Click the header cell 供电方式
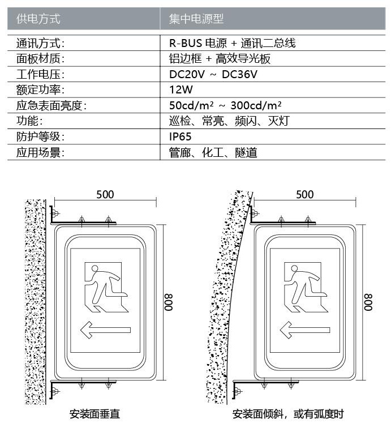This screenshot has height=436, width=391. [x=38, y=19]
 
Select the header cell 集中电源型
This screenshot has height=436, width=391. [x=196, y=19]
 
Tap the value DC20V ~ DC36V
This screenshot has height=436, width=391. [x=213, y=74]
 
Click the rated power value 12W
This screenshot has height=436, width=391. [x=181, y=89]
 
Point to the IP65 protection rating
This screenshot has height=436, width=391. [x=181, y=136]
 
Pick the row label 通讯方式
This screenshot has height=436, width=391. [x=40, y=43]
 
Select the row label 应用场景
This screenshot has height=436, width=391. [x=40, y=152]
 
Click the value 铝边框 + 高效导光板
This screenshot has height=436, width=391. [x=220, y=58]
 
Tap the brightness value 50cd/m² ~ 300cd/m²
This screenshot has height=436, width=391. [x=225, y=105]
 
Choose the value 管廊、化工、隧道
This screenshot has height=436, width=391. [x=213, y=152]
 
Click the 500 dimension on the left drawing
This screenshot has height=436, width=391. [x=105, y=195]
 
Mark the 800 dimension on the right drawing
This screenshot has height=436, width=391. [x=368, y=302]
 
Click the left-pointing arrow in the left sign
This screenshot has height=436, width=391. [x=105, y=330]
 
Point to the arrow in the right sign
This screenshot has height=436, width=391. [x=305, y=330]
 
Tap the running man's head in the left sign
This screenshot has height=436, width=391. [x=94, y=268]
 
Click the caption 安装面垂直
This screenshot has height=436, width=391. [x=94, y=414]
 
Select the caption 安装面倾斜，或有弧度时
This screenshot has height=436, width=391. [x=288, y=414]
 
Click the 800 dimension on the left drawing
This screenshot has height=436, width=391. [x=169, y=302]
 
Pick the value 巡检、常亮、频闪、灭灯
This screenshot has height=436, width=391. [x=229, y=121]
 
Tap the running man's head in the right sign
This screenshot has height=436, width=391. [x=294, y=268]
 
